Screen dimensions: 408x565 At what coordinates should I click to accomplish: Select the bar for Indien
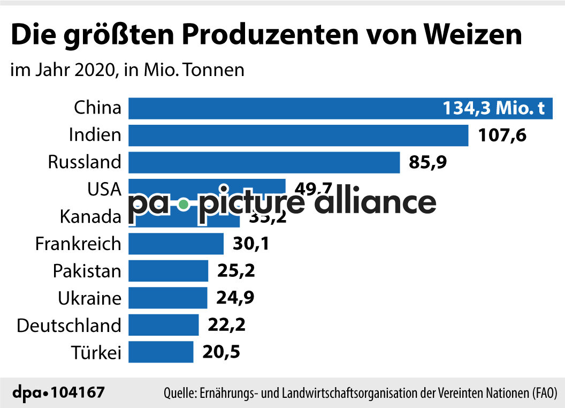[298, 135]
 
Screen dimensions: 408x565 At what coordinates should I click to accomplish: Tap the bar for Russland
[264, 162]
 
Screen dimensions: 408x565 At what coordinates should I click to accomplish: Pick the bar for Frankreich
[175, 244]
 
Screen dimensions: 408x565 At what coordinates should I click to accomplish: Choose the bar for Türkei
[161, 352]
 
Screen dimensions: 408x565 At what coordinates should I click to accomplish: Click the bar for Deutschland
[163, 325]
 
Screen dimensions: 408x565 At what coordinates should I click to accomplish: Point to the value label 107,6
[502, 135]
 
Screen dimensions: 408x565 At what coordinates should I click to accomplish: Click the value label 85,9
[427, 162]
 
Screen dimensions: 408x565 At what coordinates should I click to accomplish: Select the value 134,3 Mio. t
[493, 109]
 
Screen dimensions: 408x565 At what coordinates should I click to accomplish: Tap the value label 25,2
[236, 271]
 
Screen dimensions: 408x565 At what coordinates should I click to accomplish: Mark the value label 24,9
[235, 298]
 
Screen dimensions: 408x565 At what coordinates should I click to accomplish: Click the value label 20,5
[221, 352]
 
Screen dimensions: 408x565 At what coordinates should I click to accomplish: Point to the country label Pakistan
[87, 271]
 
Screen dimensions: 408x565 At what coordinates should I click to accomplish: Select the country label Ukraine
[90, 298]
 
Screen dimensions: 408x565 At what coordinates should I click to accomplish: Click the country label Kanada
[90, 217]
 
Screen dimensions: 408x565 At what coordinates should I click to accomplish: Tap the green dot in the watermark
[184, 205]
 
